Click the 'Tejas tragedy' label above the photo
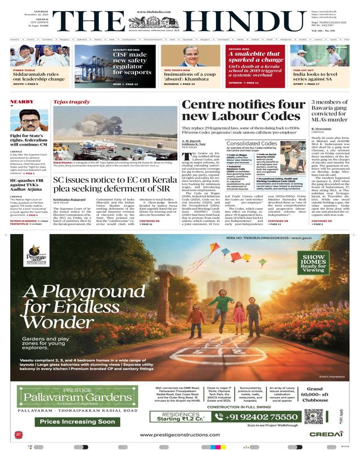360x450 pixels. tap(71, 102)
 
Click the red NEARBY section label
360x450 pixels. tap(22, 102)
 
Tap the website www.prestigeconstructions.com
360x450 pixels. tap(179, 435)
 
